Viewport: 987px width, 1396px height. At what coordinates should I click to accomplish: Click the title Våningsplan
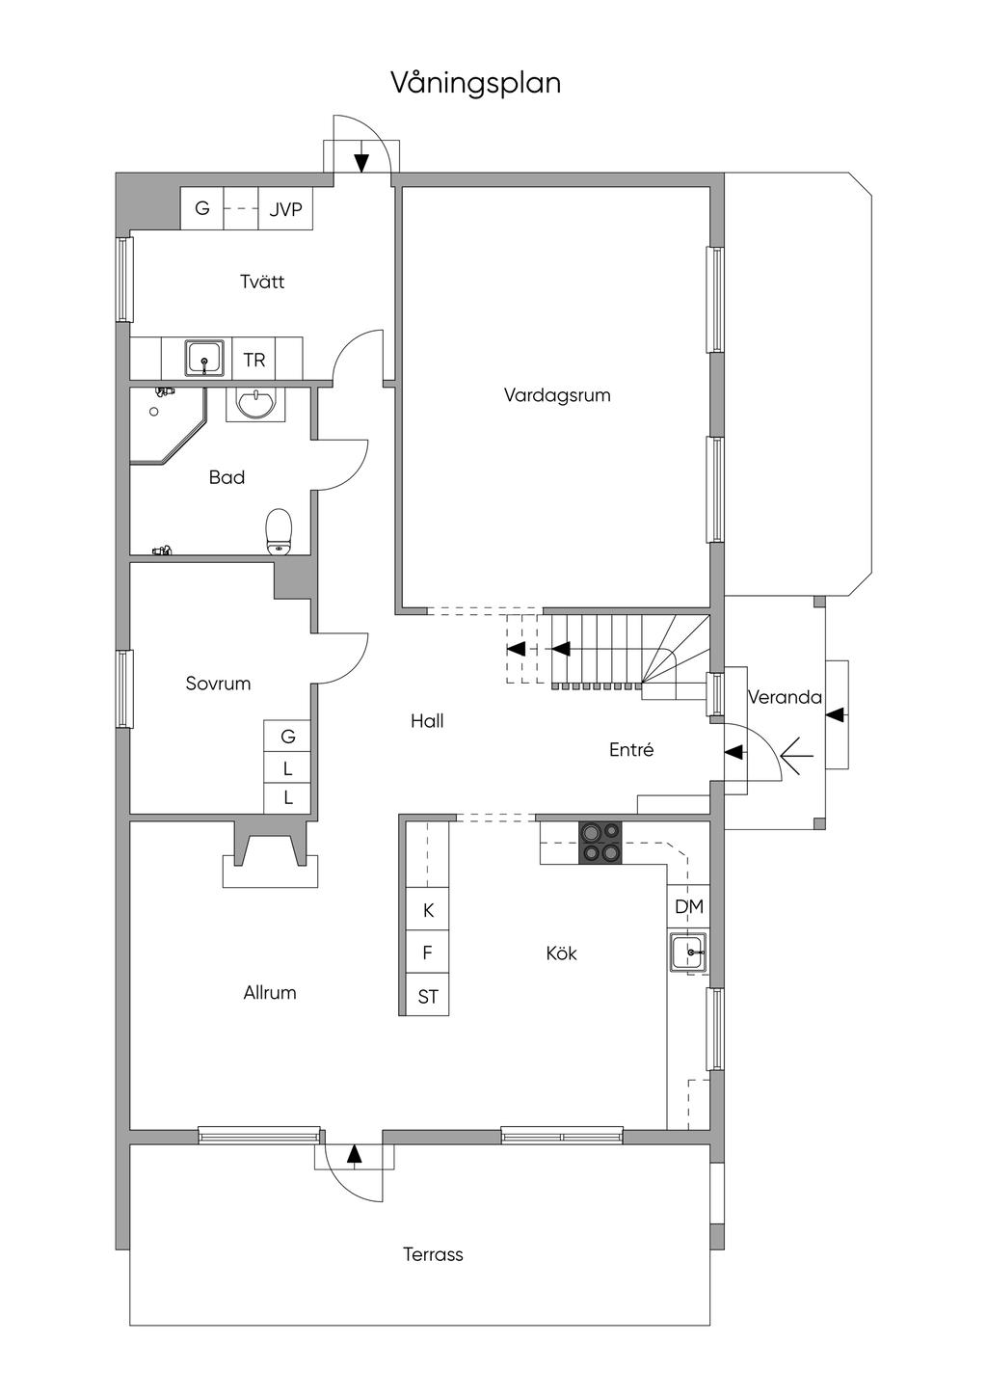(476, 84)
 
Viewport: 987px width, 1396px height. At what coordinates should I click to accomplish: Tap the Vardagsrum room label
(557, 395)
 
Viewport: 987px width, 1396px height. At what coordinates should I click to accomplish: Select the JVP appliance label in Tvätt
(286, 209)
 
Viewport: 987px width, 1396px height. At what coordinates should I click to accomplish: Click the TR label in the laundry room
(254, 361)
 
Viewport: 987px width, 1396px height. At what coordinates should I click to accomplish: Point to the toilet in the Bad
(279, 531)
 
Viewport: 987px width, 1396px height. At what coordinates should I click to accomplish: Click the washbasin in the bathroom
(256, 404)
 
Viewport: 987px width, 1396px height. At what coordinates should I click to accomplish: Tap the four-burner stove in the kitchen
(600, 843)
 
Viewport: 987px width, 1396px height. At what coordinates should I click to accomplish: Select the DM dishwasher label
(689, 907)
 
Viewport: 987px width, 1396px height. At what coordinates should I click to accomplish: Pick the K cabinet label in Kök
(428, 910)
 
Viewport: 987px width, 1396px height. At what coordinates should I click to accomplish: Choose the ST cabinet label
(428, 997)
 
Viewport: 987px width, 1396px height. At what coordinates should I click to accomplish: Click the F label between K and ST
(427, 953)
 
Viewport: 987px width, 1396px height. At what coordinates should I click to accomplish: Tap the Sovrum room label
(218, 684)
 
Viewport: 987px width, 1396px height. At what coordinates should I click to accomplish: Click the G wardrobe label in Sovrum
(288, 737)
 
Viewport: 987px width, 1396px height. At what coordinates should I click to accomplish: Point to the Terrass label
(433, 1254)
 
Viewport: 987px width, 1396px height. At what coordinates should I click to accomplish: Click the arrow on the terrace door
(354, 1154)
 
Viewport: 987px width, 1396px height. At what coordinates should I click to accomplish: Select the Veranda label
(785, 697)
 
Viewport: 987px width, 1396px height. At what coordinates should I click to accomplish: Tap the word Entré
(631, 749)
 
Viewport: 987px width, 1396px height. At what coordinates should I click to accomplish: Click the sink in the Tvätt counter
(204, 358)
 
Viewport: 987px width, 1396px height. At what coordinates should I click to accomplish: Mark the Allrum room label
(270, 993)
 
